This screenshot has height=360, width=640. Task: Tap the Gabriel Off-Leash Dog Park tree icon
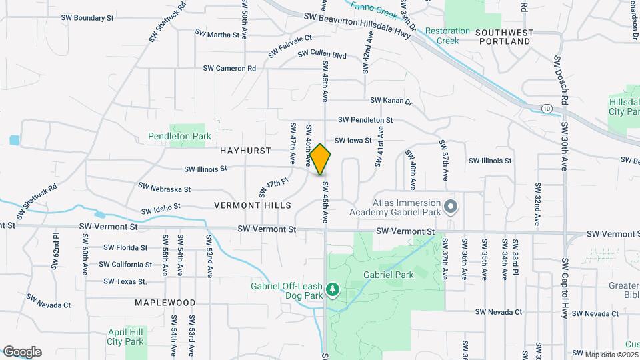[x=332, y=289]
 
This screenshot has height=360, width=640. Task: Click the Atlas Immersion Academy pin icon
[x=450, y=207]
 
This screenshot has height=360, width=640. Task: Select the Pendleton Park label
[x=179, y=136]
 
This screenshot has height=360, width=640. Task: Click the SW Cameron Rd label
[x=229, y=68]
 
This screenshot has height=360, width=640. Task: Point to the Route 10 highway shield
[x=547, y=107]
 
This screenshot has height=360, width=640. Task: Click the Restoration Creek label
[x=443, y=36]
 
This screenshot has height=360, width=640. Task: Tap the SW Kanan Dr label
[x=391, y=101]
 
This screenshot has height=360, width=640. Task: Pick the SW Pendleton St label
[x=365, y=120]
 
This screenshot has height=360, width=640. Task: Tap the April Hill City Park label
[x=125, y=336]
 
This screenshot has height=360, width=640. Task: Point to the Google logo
[x=22, y=352]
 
